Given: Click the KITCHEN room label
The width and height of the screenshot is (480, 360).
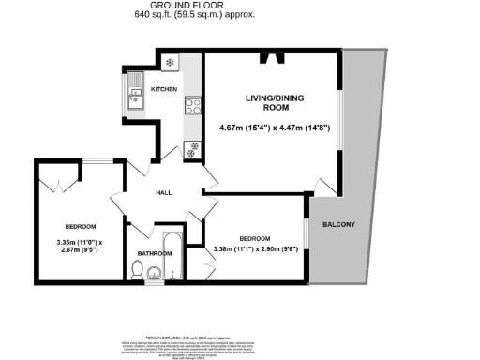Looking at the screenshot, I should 164,89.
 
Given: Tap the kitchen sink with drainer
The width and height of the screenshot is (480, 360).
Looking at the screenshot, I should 132,91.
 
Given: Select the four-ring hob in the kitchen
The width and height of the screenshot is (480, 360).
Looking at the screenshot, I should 193,106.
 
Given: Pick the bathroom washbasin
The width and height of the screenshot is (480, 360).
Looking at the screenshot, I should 156,274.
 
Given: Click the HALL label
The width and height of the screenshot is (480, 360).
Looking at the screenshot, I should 162,192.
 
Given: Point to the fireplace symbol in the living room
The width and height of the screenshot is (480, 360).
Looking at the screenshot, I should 275,61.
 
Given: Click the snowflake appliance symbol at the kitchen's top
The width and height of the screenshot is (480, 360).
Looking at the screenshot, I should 170,63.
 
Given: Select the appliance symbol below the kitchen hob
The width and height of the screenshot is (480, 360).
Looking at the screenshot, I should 193,145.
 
